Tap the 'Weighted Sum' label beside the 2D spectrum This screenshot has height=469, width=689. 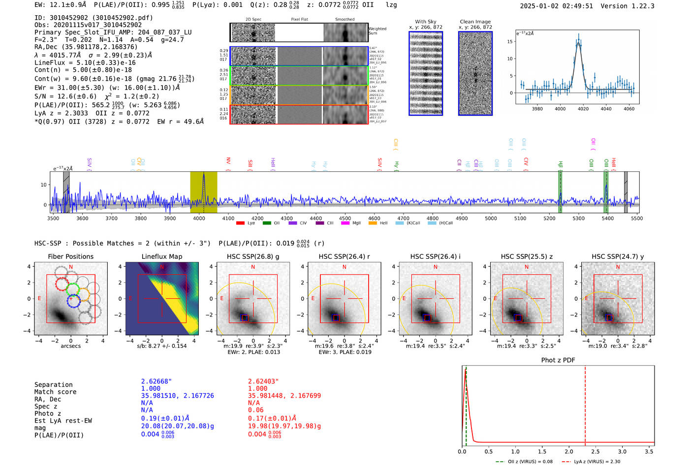[377, 31]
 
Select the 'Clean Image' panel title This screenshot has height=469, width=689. [475, 22]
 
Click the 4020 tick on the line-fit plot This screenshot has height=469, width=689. [583, 109]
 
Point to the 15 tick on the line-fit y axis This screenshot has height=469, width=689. [510, 42]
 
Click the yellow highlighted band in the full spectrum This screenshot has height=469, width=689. [204, 192]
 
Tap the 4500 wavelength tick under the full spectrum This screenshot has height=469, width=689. [345, 219]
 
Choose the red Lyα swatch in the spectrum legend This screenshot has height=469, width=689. [240, 223]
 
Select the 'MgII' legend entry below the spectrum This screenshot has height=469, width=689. [356, 223]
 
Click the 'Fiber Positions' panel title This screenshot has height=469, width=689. [70, 256]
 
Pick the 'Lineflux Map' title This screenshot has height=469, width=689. [161, 256]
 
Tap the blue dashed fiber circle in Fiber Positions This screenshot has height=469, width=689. [73, 301]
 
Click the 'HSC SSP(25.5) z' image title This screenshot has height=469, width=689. [527, 256]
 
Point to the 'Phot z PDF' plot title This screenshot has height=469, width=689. [558, 360]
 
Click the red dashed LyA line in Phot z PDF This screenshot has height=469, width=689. [585, 404]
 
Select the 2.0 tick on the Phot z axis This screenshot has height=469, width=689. [569, 451]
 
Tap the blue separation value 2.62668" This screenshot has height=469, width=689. [156, 381]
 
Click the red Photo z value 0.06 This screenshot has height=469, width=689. [255, 410]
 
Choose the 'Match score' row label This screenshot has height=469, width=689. [55, 392]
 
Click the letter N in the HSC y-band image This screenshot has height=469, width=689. [618, 267]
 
